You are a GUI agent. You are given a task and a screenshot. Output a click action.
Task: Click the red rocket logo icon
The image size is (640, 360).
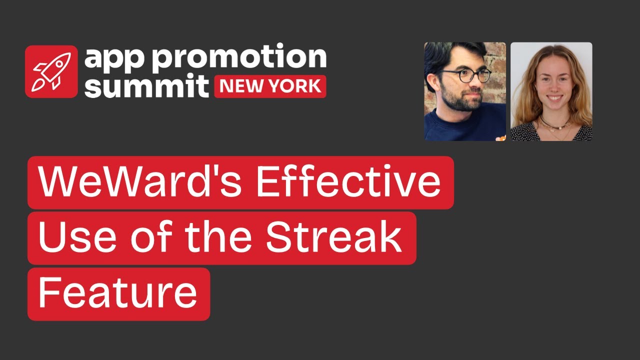click(x=51, y=71)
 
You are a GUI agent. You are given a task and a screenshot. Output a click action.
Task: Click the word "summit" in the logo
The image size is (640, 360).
click(x=146, y=86)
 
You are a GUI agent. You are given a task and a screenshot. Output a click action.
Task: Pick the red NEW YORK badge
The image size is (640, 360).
click(x=270, y=86)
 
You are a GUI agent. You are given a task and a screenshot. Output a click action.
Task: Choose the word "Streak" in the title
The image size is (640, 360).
click(x=333, y=238)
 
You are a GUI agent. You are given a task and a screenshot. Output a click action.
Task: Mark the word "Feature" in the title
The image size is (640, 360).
click(x=117, y=294)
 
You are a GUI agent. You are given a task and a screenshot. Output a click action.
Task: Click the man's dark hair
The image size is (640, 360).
click(x=452, y=52)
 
